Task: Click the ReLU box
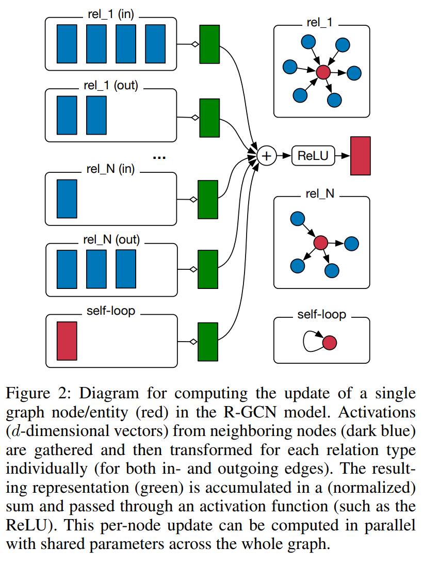coord(313,155)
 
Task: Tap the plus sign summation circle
coord(267,155)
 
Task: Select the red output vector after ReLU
coord(360,155)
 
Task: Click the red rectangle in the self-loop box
coord(67,341)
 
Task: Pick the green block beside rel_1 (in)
coord(209,45)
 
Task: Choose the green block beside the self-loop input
coord(208,341)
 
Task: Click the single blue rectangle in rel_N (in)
coord(67,199)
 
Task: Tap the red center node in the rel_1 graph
coord(323,72)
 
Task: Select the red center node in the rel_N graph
coord(321,241)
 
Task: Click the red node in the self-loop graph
coord(330,342)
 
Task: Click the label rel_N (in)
coord(109,169)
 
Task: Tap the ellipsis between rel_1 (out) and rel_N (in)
coord(159,157)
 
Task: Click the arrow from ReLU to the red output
coord(342,155)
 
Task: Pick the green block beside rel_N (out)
coord(208,269)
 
